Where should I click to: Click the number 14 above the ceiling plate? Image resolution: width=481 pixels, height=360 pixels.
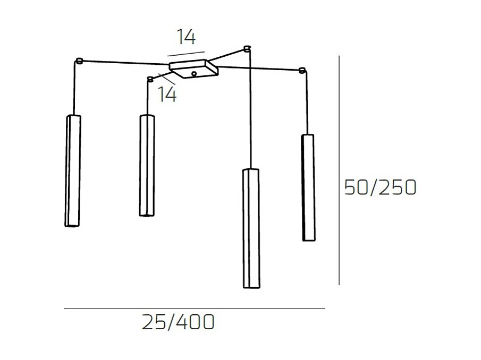187,37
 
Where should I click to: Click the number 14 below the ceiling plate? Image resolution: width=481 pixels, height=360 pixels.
167,95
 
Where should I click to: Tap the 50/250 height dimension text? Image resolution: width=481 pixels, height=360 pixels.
380,187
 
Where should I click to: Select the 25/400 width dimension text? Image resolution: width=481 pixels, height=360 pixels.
178,322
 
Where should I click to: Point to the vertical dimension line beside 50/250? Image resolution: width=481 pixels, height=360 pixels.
339,170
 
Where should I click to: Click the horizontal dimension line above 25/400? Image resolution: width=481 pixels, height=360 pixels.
194,308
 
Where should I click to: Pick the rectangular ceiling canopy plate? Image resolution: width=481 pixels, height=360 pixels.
193,68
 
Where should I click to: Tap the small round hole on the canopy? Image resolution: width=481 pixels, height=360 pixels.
195,74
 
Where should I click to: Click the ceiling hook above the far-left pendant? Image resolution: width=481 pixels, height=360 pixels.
79,61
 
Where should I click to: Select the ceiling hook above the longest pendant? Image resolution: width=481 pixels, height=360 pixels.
246,49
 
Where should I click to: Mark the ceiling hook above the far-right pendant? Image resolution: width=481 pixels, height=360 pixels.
302,70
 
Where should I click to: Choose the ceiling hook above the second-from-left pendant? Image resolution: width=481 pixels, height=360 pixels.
150,79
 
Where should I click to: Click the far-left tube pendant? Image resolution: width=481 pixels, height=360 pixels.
73,170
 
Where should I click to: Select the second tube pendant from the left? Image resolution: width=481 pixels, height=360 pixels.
147,165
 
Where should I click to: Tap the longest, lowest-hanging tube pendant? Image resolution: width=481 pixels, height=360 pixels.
251,228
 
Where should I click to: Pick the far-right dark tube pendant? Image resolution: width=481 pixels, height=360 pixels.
308,187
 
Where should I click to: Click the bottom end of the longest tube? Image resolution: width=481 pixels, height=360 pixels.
251,287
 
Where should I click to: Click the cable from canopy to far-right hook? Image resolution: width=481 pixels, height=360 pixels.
260,67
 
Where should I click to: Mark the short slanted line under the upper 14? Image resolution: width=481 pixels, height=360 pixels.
185,53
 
